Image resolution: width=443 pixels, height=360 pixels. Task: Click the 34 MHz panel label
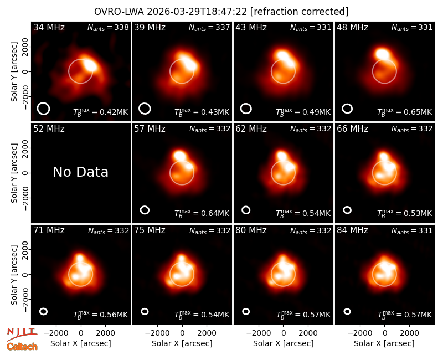tap(49, 27)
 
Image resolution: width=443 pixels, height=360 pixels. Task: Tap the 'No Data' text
tap(81, 172)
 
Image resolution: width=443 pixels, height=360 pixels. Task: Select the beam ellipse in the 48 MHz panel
tap(347, 109)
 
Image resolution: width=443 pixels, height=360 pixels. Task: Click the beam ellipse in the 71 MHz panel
tap(43, 311)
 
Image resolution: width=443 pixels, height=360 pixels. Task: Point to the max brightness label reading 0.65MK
tap(405, 112)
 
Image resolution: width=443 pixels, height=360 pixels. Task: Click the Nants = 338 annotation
tap(108, 27)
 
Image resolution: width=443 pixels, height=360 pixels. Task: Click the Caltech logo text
tap(22, 347)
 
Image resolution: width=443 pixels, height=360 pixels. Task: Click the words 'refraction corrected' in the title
tap(299, 12)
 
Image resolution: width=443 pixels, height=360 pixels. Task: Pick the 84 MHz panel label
tap(352, 230)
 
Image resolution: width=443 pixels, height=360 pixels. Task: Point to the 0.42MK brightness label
tap(101, 112)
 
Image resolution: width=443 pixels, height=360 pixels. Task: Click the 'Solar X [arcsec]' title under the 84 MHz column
tap(384, 343)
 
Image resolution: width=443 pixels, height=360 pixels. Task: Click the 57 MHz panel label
tap(150, 129)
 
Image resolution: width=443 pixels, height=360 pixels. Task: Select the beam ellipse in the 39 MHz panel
tap(145, 109)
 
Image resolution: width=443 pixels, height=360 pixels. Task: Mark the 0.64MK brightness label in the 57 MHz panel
tap(202, 213)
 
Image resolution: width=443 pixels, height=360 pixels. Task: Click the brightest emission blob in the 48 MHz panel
tap(382, 54)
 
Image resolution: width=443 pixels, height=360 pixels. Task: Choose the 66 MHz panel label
tap(352, 129)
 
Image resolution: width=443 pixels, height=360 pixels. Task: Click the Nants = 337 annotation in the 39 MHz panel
tap(209, 27)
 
